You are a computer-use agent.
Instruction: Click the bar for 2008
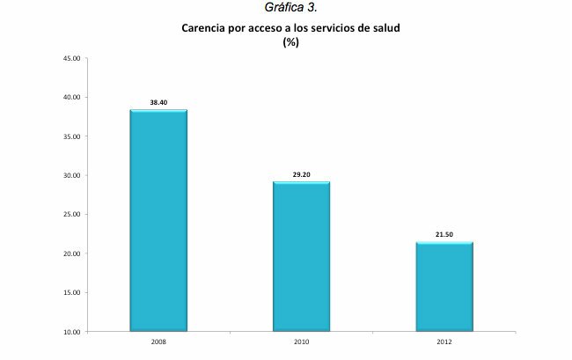[158, 220]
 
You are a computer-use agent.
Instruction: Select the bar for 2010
[301, 256]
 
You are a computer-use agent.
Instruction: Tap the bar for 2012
[444, 286]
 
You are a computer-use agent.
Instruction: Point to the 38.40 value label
[158, 103]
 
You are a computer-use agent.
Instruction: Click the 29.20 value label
[301, 174]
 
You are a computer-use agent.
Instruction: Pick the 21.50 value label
[444, 235]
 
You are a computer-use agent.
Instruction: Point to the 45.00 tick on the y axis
[72, 59]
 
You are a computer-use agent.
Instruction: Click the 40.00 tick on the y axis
[72, 98]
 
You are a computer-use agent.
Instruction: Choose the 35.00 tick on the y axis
[72, 136]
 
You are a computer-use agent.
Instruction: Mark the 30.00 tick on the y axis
[72, 175]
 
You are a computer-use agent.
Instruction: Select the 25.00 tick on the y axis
[72, 215]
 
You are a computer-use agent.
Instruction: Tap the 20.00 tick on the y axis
[72, 253]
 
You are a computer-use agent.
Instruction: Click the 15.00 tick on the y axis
[72, 292]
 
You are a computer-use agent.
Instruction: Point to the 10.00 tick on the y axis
[72, 332]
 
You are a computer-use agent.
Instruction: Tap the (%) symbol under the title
[290, 41]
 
